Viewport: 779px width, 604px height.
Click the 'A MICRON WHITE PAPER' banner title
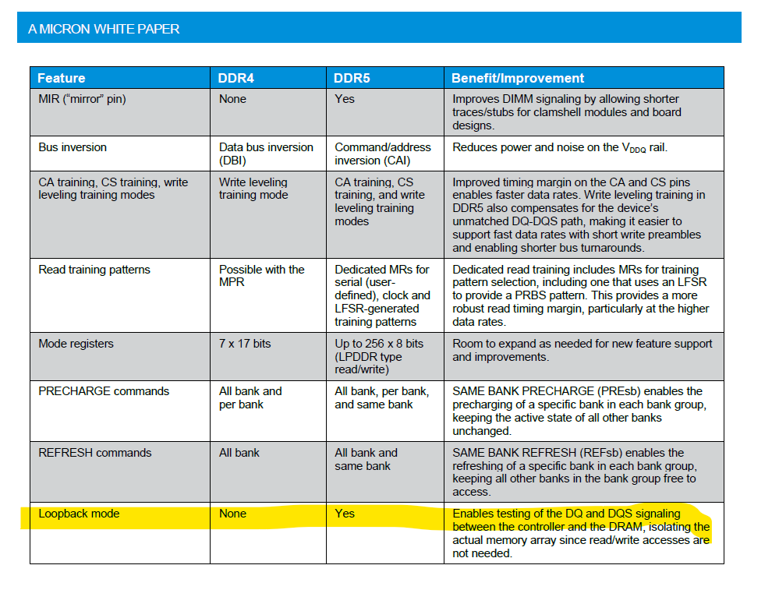click(104, 29)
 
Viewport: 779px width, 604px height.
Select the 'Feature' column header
click(61, 78)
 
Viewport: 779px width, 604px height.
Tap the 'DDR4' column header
click(236, 78)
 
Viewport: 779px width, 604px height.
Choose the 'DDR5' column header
click(352, 78)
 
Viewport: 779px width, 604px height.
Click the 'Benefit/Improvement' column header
click(518, 78)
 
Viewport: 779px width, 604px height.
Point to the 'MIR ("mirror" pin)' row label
click(82, 99)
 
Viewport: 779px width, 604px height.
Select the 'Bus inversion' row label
click(73, 147)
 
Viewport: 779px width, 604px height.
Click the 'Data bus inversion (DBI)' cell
click(266, 154)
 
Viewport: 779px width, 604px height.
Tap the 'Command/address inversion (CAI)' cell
click(383, 154)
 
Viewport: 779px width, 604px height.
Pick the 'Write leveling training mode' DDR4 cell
click(253, 189)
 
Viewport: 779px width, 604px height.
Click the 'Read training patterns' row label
click(94, 270)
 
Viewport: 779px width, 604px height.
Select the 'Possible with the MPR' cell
click(262, 276)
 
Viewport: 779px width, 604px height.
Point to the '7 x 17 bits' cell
click(245, 343)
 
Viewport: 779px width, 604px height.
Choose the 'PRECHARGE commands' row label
click(104, 391)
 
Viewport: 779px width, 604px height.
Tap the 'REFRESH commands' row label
click(95, 453)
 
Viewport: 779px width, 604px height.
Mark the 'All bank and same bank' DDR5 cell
click(366, 459)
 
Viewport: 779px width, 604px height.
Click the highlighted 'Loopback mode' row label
click(79, 514)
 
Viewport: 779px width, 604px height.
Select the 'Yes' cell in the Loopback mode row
click(345, 513)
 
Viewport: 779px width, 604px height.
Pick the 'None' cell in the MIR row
click(232, 99)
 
